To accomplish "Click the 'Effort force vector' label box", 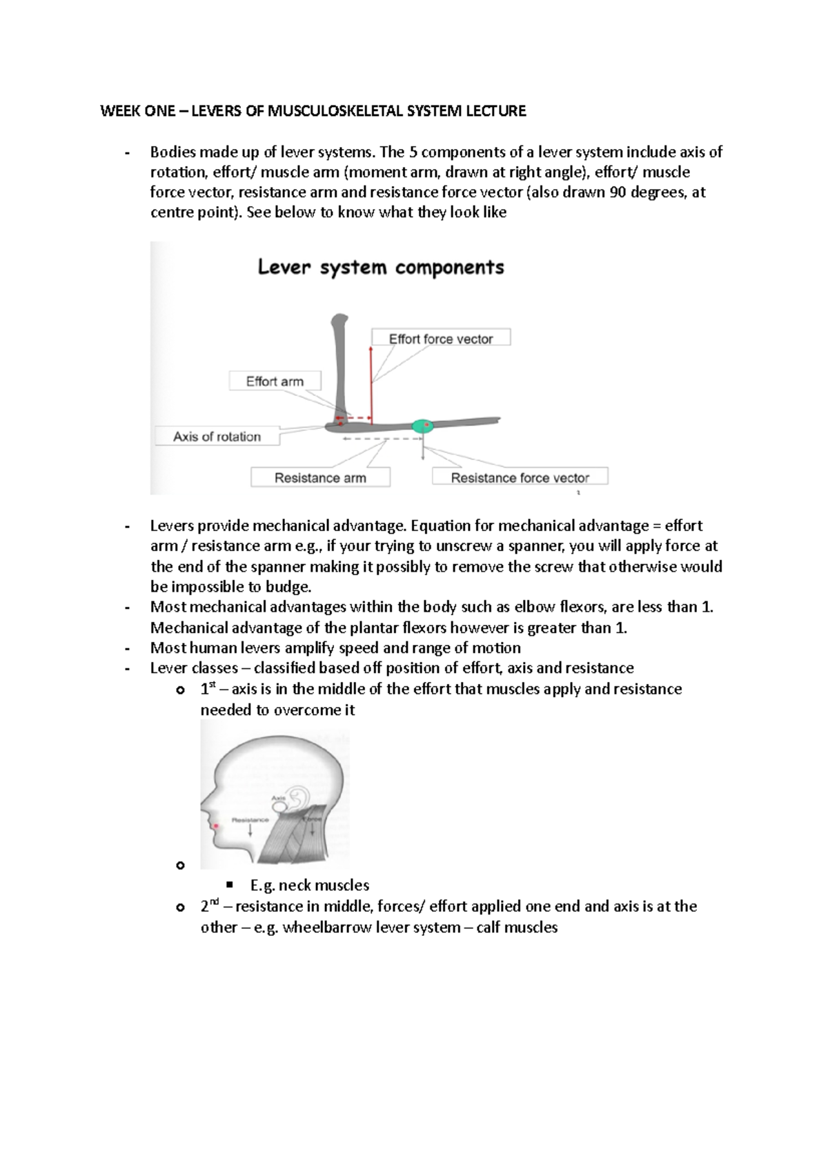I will point(441,339).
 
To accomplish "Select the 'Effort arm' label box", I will point(275,381).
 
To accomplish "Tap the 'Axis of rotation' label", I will point(217,437).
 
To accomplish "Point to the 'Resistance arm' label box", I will point(320,478).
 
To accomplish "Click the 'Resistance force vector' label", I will point(520,478).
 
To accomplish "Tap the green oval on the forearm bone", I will point(422,426).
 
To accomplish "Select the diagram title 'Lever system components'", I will point(381,268).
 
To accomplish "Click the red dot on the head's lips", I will point(216,825).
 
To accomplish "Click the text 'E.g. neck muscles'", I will point(310,885).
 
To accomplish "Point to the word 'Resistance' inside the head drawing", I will point(250,820).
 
